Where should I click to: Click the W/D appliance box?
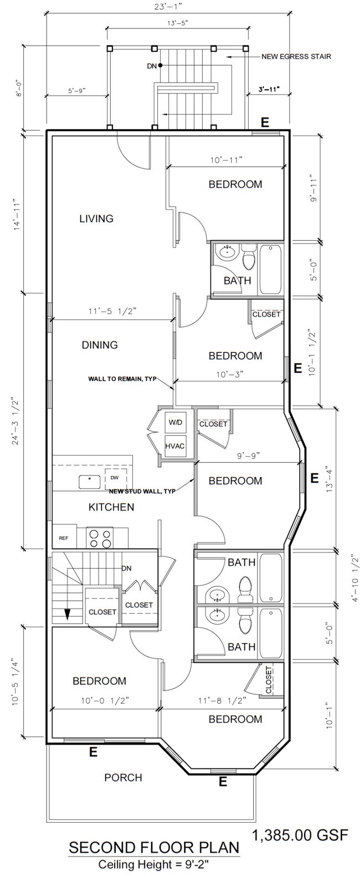pos(175,422)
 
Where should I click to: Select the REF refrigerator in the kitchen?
pos(64,538)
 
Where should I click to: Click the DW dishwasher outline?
pos(116,479)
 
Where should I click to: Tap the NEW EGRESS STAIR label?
pos(296,56)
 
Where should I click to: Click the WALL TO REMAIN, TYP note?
pos(122,379)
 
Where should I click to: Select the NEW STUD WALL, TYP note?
pos(142,492)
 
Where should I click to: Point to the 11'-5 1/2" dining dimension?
pos(113,311)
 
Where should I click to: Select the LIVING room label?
pos(96,219)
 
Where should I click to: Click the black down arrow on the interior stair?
pos(68,614)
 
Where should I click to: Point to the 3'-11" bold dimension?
pos(269,90)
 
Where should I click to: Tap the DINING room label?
pos(100,345)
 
